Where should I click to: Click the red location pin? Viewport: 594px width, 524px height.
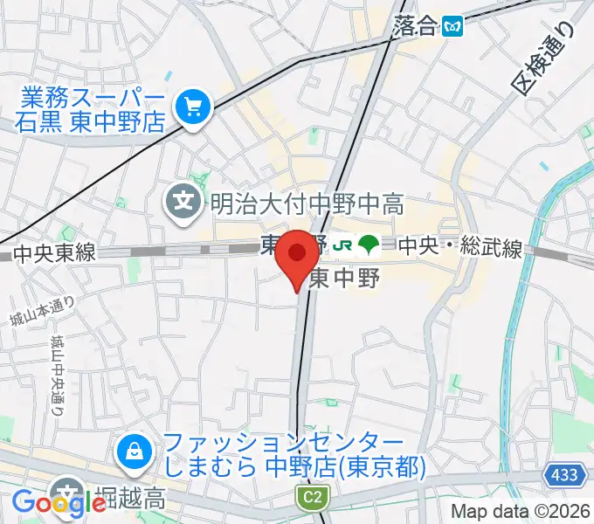297,256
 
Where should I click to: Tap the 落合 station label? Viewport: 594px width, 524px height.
413,25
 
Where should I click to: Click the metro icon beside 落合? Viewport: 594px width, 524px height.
452,26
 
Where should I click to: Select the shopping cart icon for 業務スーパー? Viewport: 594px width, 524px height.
190,107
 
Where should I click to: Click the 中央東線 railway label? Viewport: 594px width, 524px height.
54,254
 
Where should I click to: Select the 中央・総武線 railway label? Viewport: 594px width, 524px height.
460,249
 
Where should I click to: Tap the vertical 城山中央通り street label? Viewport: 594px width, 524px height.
58,373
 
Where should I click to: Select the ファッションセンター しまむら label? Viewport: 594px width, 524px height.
288,455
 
